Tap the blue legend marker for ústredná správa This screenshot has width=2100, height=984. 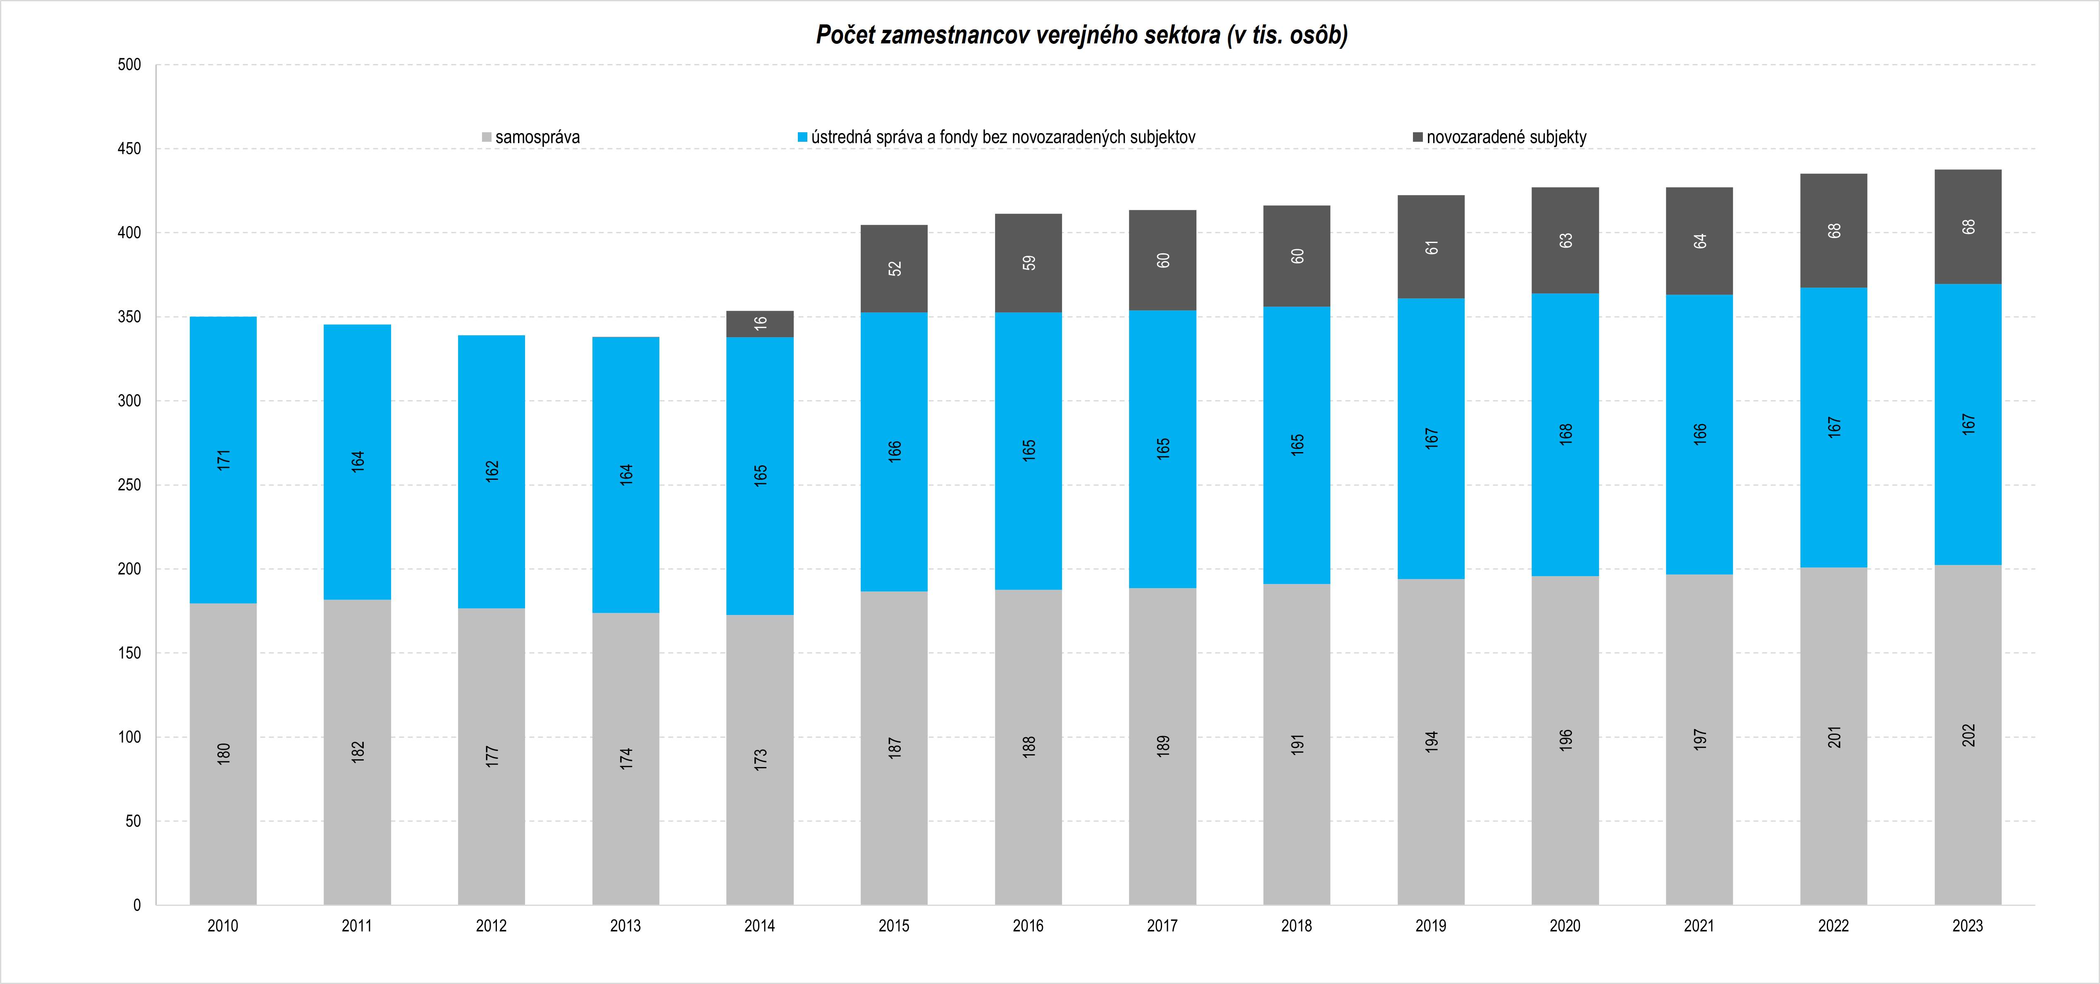(x=802, y=137)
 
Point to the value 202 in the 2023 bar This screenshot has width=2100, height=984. (x=1968, y=735)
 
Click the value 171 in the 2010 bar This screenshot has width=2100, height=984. (x=223, y=460)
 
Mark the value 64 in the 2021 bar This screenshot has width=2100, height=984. (x=1700, y=241)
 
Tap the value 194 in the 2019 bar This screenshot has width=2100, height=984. (x=1432, y=741)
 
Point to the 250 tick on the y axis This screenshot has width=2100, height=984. (x=129, y=485)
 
